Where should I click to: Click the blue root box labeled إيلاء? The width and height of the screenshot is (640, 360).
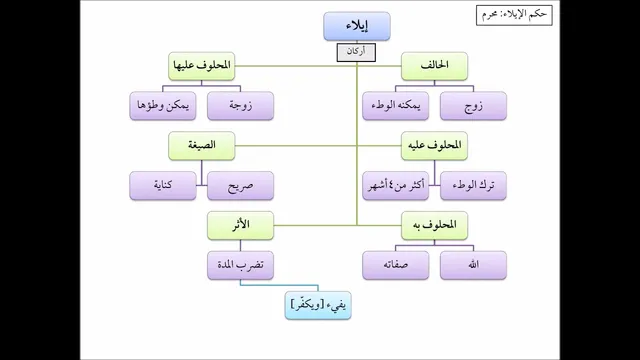357,27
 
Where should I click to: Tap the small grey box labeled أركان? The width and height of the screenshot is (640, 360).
356,53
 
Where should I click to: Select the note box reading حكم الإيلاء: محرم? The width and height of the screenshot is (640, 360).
514,16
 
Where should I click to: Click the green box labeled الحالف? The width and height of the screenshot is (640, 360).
434,66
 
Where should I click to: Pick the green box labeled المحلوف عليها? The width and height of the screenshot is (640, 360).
202,66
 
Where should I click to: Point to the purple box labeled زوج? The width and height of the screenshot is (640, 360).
473,106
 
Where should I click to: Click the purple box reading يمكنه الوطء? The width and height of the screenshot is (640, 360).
396,106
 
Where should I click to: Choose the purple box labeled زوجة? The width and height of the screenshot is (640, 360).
240,106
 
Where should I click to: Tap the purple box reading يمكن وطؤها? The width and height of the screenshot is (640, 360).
163,106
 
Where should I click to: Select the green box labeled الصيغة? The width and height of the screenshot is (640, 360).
202,146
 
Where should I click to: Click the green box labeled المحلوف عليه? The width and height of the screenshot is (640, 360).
434,146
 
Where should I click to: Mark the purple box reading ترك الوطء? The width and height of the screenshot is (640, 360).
473,186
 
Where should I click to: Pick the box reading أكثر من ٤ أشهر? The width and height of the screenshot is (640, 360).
396,186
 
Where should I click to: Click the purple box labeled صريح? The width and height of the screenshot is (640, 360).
240,186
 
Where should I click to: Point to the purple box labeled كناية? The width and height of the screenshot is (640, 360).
163,186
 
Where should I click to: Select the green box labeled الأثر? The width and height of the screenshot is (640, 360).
240,225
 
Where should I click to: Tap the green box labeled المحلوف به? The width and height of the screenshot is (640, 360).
434,225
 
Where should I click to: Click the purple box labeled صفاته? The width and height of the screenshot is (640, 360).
396,265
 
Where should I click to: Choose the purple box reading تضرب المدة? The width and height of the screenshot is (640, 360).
240,265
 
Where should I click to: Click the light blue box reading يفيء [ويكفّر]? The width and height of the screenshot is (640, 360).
318,305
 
